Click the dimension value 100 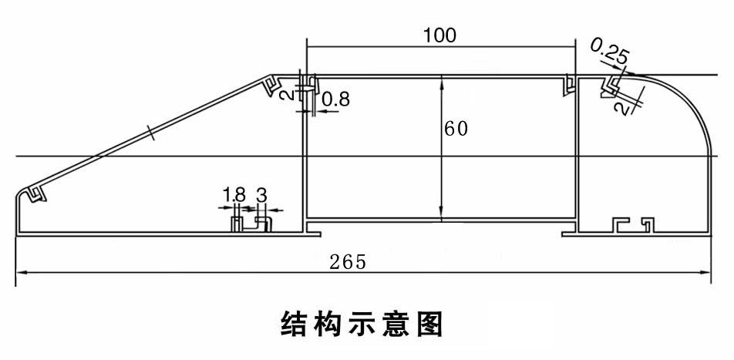coord(439,35)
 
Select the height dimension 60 coord(456,129)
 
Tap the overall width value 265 coord(347,261)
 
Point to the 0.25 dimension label coord(609,54)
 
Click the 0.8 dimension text coord(335,99)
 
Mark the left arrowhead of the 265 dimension coord(22,271)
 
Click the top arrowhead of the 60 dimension coord(440,80)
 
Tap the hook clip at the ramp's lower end coord(36,193)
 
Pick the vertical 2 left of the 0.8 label coord(295,95)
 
